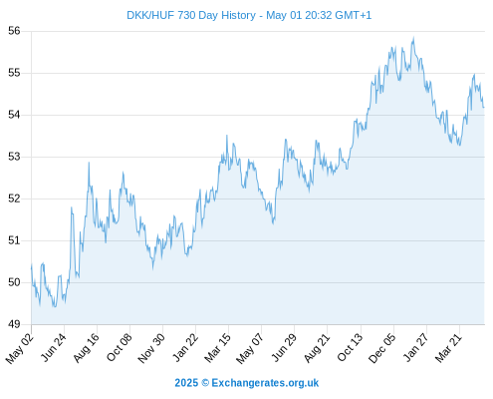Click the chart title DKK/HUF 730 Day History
(x=191, y=16)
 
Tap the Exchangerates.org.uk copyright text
(x=247, y=383)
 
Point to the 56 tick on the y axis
(x=14, y=31)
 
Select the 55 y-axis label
(x=14, y=73)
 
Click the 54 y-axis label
(x=14, y=115)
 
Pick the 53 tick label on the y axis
(x=14, y=157)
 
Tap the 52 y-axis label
(x=14, y=199)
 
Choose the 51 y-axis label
(x=14, y=240)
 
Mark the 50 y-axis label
(x=14, y=282)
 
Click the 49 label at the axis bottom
(x=14, y=324)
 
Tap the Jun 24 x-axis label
(x=54, y=347)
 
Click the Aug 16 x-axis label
(x=87, y=347)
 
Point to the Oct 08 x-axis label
(x=120, y=347)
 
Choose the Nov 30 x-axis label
(x=151, y=348)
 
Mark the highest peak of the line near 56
(x=413, y=38)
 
